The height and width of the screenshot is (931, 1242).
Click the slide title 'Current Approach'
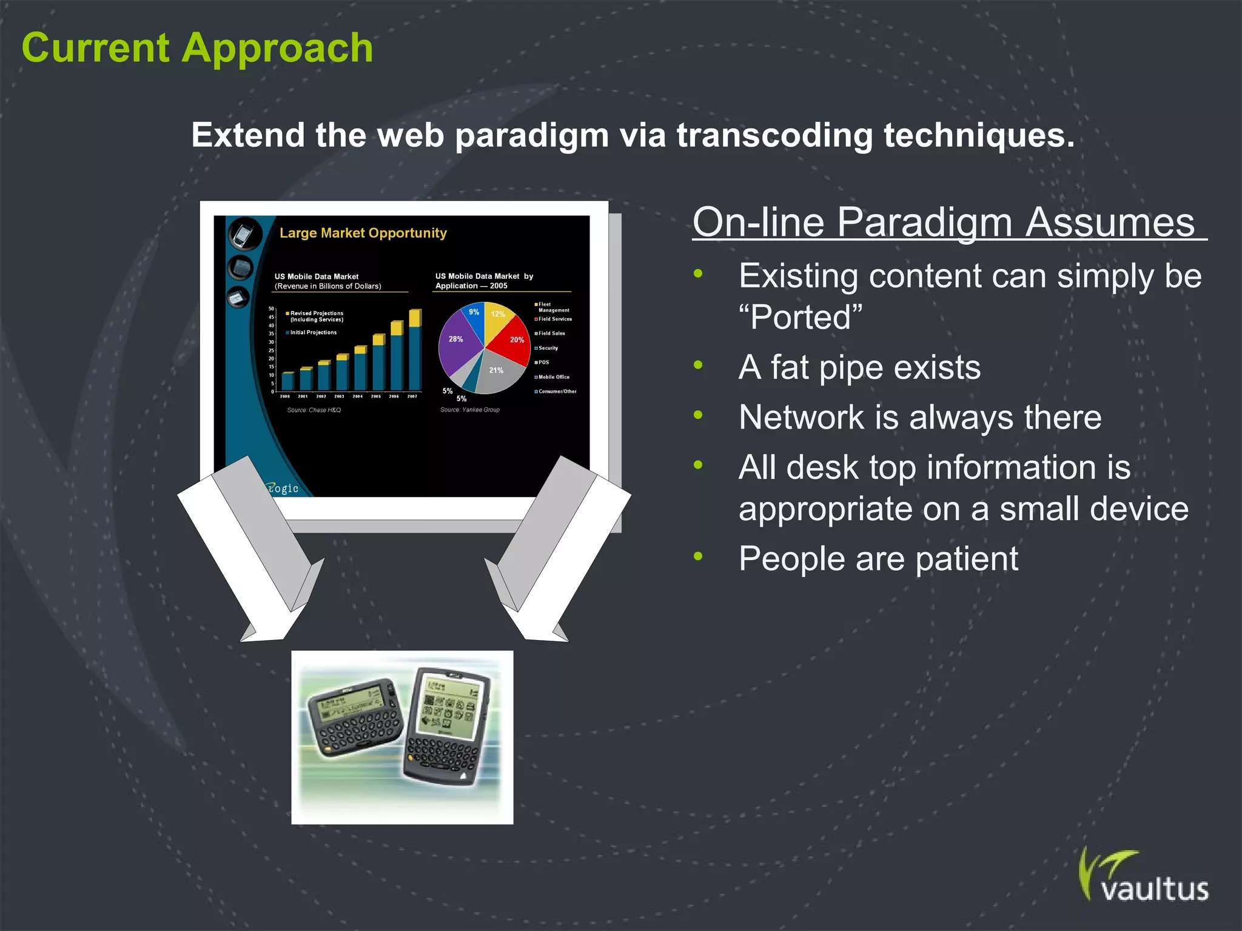coord(197,48)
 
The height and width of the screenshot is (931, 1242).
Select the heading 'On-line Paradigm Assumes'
coord(943,222)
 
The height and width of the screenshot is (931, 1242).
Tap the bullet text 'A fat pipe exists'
coord(859,367)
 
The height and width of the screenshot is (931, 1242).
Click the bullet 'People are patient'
coord(878,558)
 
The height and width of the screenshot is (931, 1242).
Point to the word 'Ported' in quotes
coord(801,317)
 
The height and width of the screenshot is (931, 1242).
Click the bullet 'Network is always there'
coord(919,418)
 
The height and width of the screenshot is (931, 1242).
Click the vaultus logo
coord(1143,878)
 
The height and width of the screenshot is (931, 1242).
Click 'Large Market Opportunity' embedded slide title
coord(363,233)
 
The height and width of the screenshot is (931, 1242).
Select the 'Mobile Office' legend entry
coord(553,377)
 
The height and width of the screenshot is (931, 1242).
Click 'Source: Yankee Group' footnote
coord(469,410)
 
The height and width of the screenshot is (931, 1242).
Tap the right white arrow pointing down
coord(561,546)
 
